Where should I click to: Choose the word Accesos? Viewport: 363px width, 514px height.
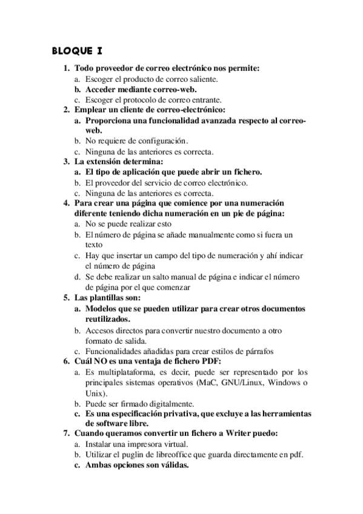click(100, 330)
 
